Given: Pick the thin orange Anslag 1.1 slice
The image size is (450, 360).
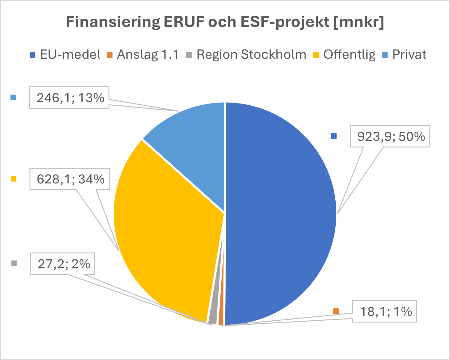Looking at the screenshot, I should coord(221,319).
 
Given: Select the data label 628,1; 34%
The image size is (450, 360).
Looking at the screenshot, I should coord(70,179).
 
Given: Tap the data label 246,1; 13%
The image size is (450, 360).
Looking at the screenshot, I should coord(70,98).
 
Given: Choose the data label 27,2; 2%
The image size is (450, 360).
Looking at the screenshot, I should coord(63,264).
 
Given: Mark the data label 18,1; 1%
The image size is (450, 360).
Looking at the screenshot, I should coord(385,311).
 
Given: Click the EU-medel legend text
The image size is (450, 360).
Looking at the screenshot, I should coord(70,55).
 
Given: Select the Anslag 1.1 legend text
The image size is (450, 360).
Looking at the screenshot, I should coord(148,55).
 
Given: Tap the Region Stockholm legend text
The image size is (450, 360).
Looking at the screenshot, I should coord(251,55).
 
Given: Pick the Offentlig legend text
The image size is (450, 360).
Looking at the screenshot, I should coord(349,55).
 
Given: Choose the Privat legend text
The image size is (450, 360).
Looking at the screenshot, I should coord(409,55).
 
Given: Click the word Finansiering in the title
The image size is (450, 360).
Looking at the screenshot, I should coord(113,22).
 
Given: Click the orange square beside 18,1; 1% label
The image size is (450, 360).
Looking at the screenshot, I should coord(336,311).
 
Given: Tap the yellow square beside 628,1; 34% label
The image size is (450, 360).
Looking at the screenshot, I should coord(13,179).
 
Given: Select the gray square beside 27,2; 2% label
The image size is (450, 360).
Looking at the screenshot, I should coord(14,264).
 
